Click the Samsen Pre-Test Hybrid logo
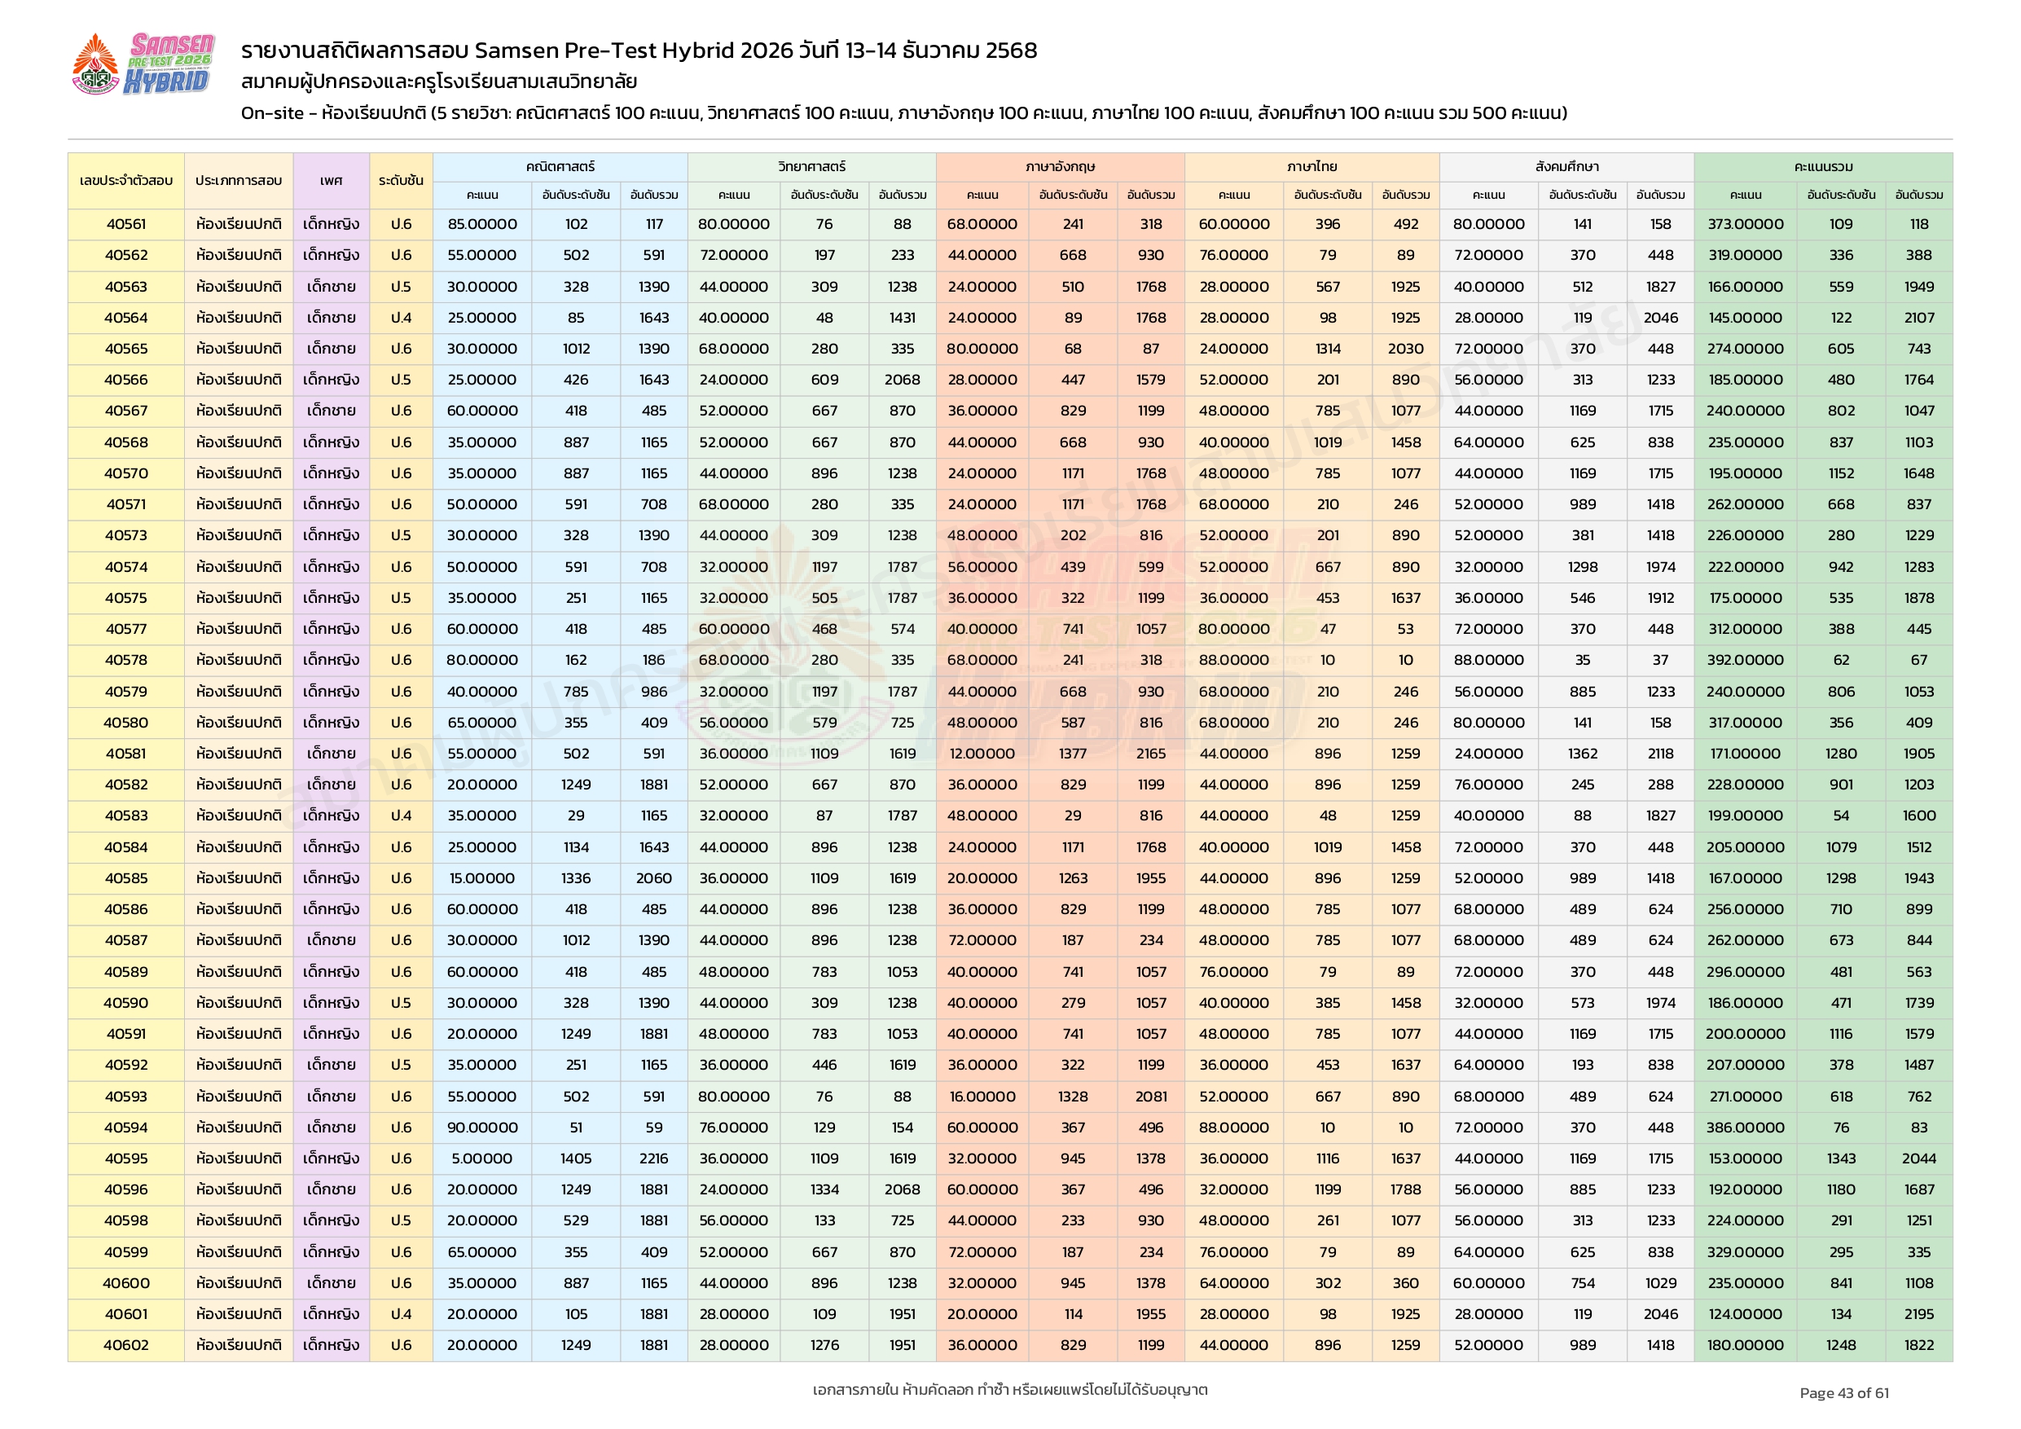143,64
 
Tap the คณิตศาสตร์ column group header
560,166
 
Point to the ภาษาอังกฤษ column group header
1060,166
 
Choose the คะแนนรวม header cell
1823,166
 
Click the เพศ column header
331,181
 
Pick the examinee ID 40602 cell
126,1345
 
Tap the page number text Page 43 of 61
1843,1393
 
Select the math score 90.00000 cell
481,1128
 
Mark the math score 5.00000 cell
481,1159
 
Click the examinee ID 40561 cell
126,225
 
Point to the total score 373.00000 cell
1745,225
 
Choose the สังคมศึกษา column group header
1566,166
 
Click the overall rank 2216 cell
653,1159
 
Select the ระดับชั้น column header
401,181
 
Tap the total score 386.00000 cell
1745,1128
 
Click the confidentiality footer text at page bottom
1009,1390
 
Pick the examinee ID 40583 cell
126,816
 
